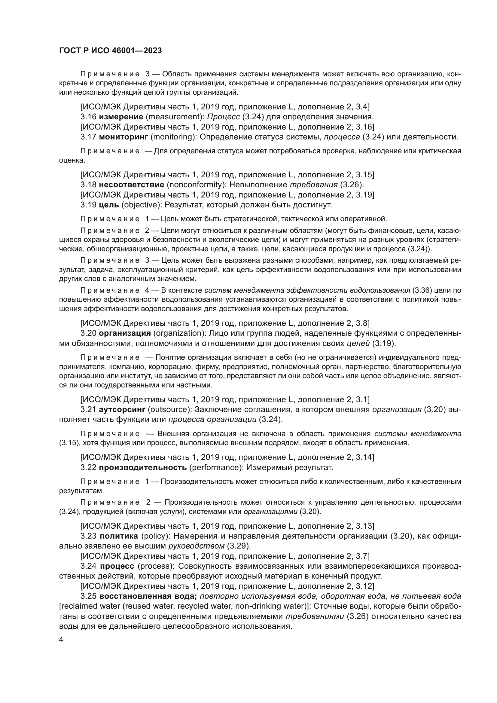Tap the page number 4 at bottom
pos(61,640)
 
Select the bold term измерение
pos(121,117)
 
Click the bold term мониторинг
pos(123,137)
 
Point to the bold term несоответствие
pos(132,185)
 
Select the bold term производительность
pos(143,468)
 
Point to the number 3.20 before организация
pos(89,333)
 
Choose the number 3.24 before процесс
pos(89,566)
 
